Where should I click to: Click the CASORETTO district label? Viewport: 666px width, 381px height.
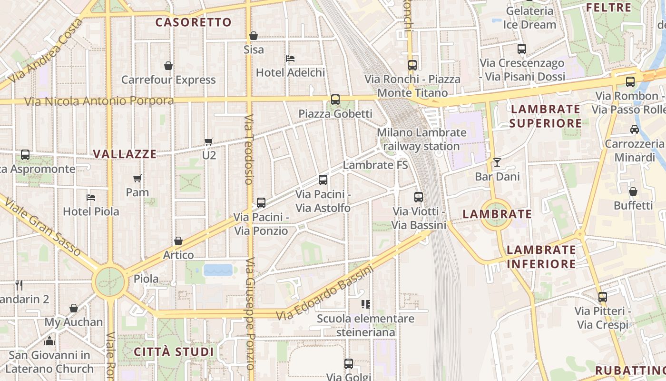pos(193,22)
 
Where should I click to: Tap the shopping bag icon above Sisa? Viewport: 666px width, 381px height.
pos(254,36)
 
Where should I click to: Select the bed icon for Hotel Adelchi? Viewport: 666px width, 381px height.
pos(290,59)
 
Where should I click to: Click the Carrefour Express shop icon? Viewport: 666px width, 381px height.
pos(168,66)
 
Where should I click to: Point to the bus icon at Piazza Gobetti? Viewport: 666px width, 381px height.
pos(335,100)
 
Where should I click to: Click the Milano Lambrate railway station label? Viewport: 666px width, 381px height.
pos(421,139)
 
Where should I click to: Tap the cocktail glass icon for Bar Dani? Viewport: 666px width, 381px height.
pos(497,162)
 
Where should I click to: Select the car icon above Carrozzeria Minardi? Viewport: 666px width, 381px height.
pos(634,129)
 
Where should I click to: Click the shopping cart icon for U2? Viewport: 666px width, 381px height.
pos(208,141)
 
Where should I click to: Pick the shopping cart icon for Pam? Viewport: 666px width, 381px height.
pos(137,178)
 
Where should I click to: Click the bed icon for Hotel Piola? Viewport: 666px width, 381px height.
pos(91,197)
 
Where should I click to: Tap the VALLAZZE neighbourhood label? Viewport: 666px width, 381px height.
pos(125,154)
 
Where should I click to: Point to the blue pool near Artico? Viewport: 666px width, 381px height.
pos(218,270)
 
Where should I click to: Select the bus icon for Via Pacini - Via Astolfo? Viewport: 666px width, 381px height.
pos(323,180)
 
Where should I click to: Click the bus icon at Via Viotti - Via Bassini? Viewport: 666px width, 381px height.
pos(419,197)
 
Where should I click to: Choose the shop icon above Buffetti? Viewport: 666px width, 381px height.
pos(633,191)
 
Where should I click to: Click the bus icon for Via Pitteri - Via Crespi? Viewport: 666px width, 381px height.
pos(603,297)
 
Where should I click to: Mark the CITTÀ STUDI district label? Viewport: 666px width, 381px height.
pos(174,352)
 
